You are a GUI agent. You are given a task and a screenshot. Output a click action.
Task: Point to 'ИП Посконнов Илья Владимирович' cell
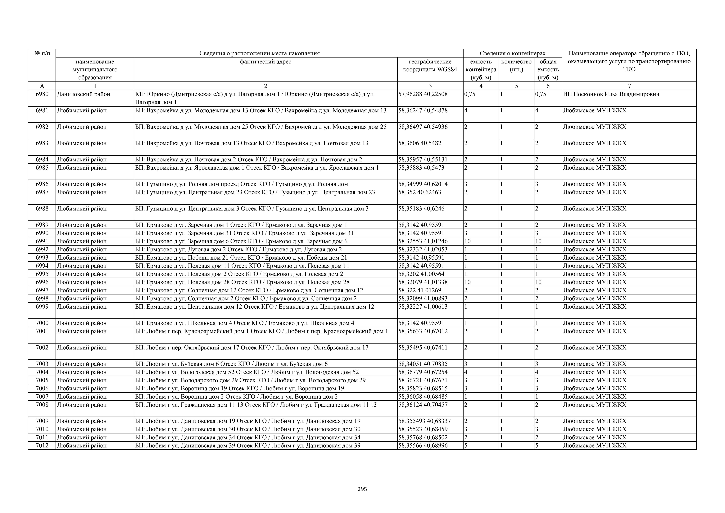click(x=611, y=94)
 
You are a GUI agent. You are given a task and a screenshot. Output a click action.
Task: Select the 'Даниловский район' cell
click(x=83, y=94)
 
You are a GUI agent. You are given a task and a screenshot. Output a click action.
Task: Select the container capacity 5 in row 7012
click(x=466, y=445)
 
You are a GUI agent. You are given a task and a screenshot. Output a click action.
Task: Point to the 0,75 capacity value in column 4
click(x=470, y=94)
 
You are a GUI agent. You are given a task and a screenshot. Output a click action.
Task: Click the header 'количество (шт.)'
click(x=516, y=65)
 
